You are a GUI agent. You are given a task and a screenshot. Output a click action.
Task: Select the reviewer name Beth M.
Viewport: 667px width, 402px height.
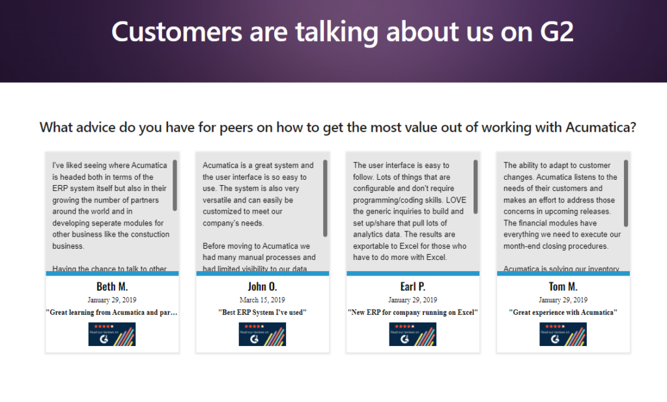[112, 287]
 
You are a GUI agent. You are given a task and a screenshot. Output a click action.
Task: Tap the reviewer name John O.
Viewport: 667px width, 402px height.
[262, 287]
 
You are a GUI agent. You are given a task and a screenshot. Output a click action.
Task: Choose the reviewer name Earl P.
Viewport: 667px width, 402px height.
[412, 287]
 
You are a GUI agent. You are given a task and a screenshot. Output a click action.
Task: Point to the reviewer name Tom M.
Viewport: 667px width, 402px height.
[563, 287]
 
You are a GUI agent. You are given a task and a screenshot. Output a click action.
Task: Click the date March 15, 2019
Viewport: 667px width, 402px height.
[262, 300]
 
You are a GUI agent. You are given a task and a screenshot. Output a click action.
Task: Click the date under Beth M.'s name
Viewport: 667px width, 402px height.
[112, 300]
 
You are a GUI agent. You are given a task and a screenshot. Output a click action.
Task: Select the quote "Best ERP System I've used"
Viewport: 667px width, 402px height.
[262, 313]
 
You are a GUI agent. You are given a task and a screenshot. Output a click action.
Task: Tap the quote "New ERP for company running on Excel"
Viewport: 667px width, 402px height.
[412, 313]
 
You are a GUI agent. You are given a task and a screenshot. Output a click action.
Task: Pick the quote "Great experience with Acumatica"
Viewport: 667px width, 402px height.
[563, 313]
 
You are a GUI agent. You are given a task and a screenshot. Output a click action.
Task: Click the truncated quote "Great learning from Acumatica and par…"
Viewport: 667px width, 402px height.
[112, 313]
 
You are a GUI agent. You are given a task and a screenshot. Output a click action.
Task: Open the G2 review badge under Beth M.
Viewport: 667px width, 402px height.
[112, 334]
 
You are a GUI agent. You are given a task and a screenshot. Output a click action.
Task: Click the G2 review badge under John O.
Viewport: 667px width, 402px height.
[262, 334]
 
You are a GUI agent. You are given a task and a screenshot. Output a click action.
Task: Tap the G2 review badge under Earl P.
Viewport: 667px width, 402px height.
[412, 334]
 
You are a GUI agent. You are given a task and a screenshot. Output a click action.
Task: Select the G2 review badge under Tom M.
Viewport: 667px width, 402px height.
[563, 334]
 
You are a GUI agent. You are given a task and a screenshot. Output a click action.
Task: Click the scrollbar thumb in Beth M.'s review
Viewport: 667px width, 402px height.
[175, 185]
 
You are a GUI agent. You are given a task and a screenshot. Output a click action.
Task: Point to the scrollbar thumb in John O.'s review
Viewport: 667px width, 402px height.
[325, 198]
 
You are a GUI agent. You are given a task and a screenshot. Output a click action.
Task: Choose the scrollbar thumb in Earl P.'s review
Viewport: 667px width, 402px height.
[475, 186]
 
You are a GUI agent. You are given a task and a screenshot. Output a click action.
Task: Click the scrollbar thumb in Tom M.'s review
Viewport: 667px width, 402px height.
[626, 193]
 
